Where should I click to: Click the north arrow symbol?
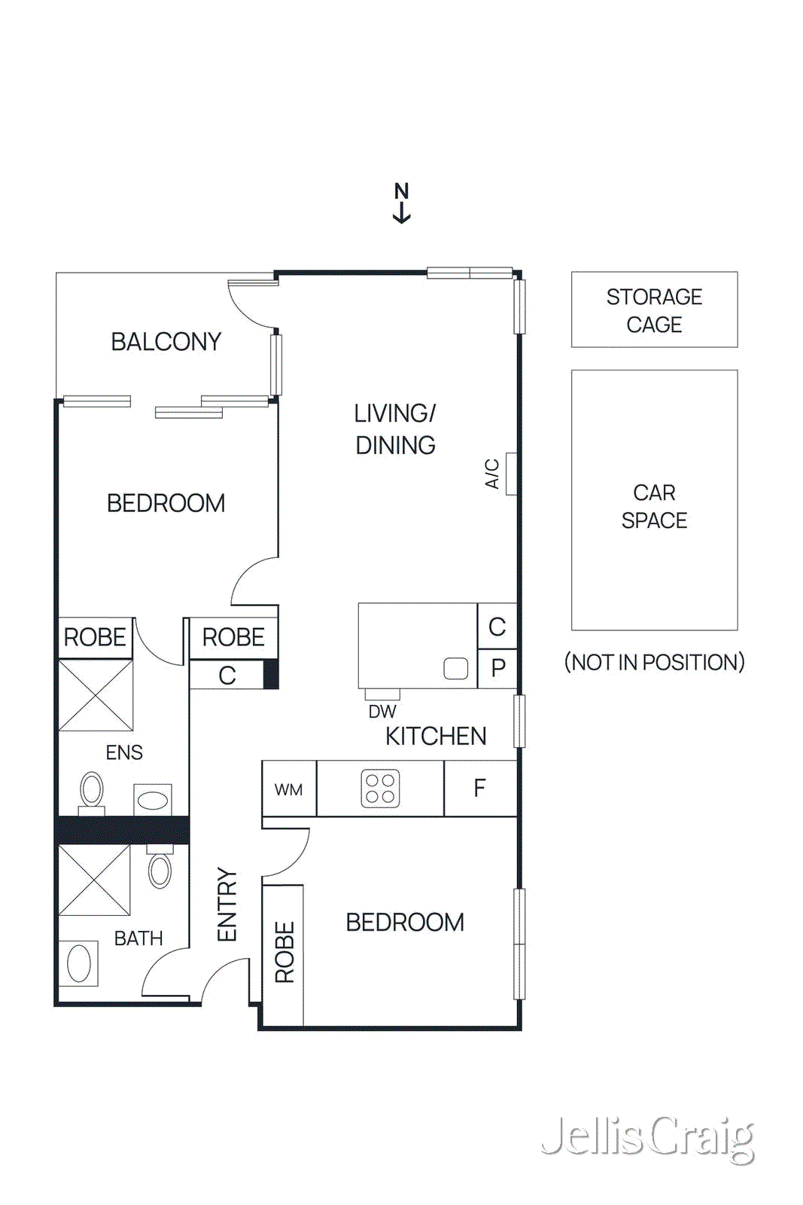click(x=401, y=203)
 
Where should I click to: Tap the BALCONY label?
click(x=166, y=342)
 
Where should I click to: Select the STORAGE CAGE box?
click(x=654, y=310)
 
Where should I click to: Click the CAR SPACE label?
click(x=654, y=506)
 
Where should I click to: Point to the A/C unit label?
click(x=492, y=474)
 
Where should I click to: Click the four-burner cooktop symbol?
click(x=380, y=789)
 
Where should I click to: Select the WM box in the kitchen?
click(x=288, y=789)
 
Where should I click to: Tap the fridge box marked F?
click(x=480, y=789)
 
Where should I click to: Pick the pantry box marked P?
click(x=497, y=668)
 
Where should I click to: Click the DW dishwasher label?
click(x=382, y=711)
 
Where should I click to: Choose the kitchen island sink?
click(x=456, y=668)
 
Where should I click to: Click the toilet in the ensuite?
click(x=92, y=791)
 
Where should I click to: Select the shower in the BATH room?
click(x=95, y=880)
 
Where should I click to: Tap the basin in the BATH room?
click(x=79, y=962)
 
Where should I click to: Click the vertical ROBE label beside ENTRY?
click(x=284, y=953)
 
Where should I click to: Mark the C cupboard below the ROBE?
click(x=227, y=675)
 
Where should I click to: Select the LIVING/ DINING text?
click(x=395, y=429)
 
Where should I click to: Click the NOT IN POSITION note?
click(x=654, y=662)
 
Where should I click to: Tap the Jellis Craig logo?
click(x=648, y=1138)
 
